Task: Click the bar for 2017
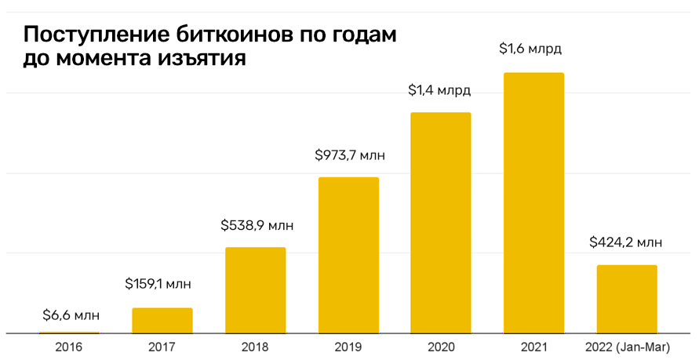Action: tap(162, 321)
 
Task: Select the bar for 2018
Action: tap(256, 290)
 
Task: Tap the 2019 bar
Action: tap(348, 256)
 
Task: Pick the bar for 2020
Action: tap(441, 224)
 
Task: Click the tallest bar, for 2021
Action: tap(533, 203)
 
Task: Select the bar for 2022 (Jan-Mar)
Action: tap(627, 299)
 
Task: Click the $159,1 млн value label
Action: tap(162, 284)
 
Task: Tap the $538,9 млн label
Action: tap(257, 226)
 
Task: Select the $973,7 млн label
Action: tap(350, 155)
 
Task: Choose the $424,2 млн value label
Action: tap(626, 242)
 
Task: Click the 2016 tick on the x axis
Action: tap(70, 346)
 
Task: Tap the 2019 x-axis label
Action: tap(348, 346)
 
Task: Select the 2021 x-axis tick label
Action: tap(533, 346)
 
